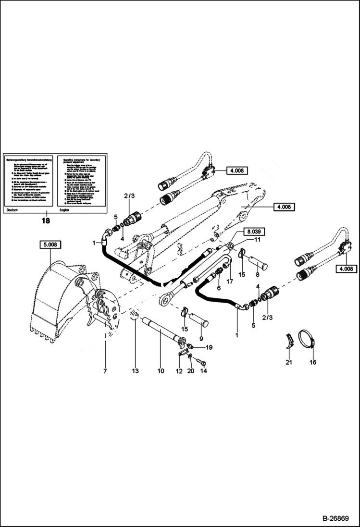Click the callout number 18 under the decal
tap(46, 221)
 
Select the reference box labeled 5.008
tap(50, 245)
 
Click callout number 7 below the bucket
tap(104, 371)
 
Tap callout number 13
tap(136, 371)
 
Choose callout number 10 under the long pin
tap(161, 371)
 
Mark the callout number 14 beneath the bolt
tap(203, 371)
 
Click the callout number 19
tap(208, 347)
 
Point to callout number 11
tap(257, 239)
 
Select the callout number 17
tap(229, 282)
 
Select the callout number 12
tap(179, 371)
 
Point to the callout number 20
tap(191, 371)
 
